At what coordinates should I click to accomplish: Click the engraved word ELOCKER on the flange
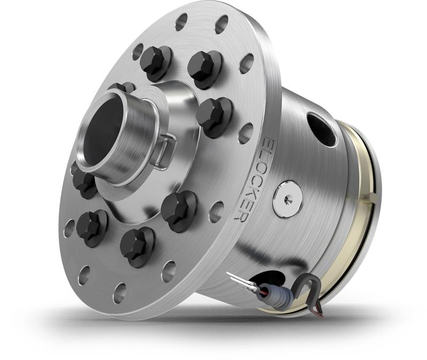coord(250,179)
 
